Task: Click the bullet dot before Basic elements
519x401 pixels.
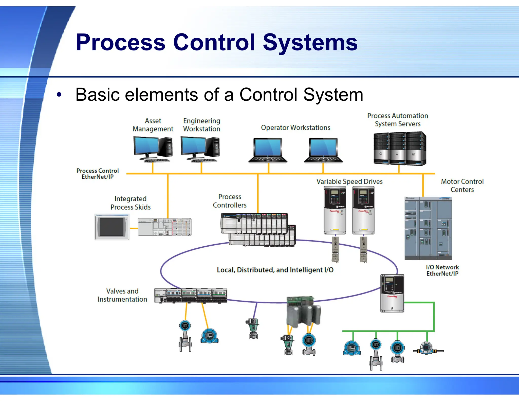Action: point(59,95)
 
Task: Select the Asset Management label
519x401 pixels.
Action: point(153,125)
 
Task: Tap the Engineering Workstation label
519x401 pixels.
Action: point(201,125)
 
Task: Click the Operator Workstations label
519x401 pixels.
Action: point(295,127)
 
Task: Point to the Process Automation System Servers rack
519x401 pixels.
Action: point(400,149)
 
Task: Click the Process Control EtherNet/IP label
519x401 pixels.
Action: point(98,174)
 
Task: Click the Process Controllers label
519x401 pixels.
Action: point(230,201)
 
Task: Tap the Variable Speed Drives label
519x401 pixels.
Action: point(349,181)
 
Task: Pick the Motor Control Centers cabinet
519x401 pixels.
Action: point(428,228)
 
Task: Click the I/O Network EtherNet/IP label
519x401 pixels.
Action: point(442,270)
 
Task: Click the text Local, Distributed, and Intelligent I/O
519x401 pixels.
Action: point(275,270)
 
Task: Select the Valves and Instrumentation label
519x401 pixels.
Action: point(122,295)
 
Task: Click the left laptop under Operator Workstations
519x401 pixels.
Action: point(268,151)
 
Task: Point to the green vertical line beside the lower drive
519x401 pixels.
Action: point(434,317)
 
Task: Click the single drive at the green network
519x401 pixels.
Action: point(392,293)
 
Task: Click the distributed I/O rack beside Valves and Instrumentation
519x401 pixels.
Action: point(191,296)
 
